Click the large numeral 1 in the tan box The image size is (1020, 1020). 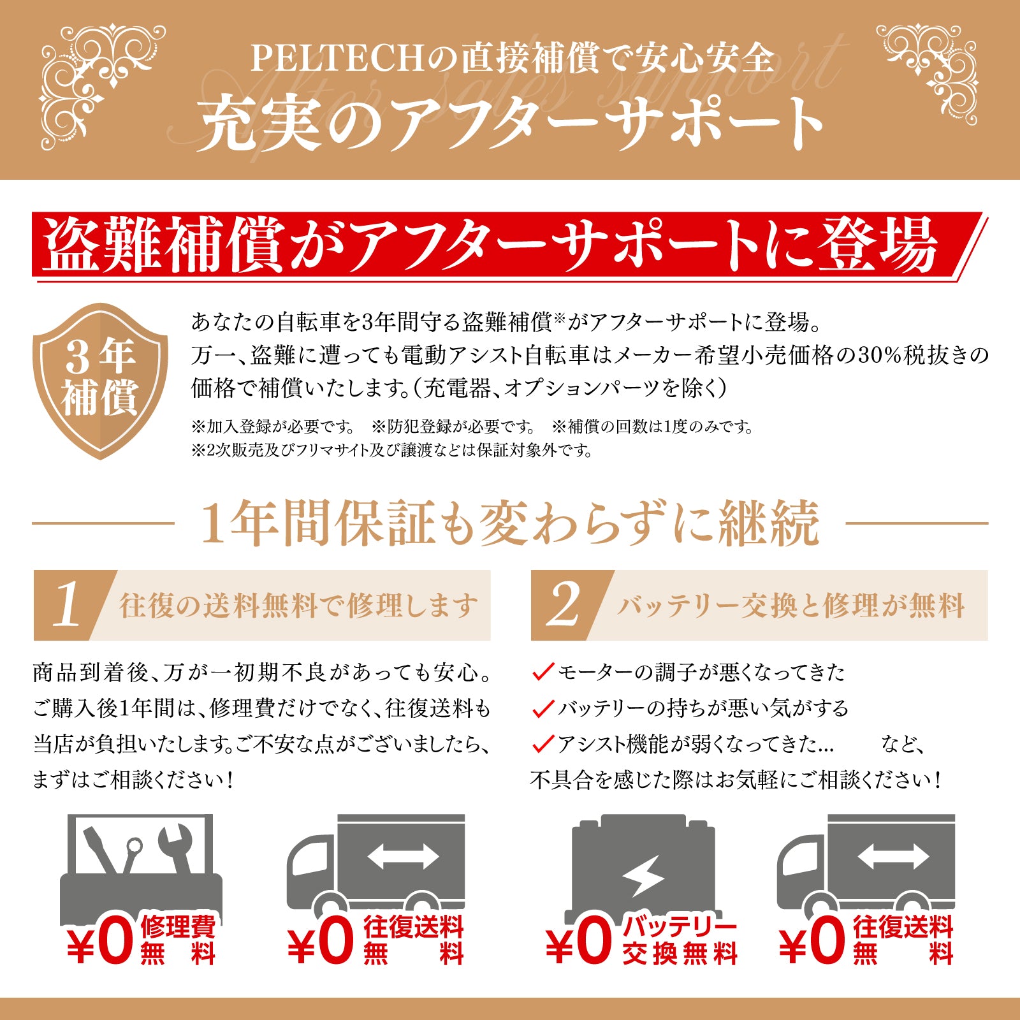click(x=68, y=604)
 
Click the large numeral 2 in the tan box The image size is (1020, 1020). click(x=564, y=604)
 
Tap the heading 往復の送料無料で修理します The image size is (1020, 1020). click(x=298, y=606)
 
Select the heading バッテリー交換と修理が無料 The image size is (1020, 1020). click(x=790, y=606)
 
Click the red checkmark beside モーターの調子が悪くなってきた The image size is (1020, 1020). click(x=543, y=672)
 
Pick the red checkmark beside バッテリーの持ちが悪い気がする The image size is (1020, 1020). click(x=543, y=708)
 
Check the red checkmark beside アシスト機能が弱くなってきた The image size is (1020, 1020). click(x=543, y=743)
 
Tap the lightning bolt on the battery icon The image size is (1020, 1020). click(x=644, y=877)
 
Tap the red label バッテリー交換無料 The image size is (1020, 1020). click(x=679, y=940)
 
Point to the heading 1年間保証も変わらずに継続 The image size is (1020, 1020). click(x=510, y=524)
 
